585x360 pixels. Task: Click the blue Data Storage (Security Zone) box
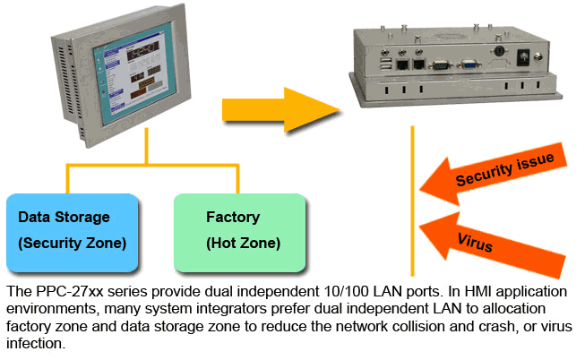72,231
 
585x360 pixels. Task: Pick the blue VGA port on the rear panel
468,64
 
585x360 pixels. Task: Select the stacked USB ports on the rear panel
385,64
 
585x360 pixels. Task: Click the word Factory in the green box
233,217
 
